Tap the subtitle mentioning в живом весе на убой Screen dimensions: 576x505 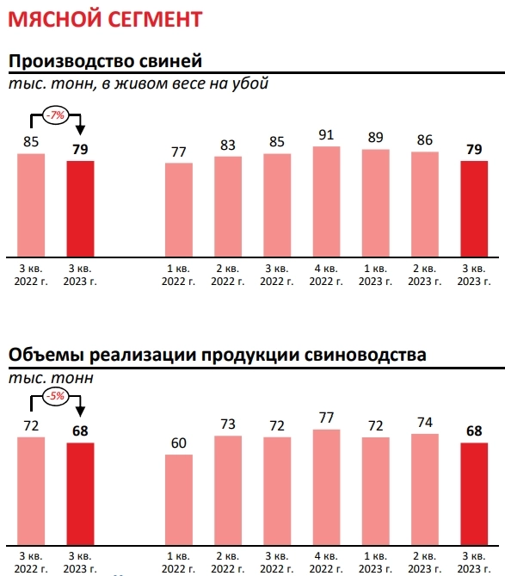coord(139,84)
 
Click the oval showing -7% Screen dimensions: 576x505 coord(58,114)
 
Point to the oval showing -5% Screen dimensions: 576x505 coord(58,396)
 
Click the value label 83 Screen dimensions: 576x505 coord(228,146)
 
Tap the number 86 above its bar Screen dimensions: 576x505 coord(425,140)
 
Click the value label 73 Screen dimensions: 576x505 coord(228,424)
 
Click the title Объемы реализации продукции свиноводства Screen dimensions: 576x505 coord(217,355)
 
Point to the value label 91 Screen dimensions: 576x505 coord(327,135)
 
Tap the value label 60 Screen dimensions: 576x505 coord(179,443)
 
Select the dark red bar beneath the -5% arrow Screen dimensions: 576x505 coord(81,492)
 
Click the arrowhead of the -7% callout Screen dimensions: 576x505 coord(81,131)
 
